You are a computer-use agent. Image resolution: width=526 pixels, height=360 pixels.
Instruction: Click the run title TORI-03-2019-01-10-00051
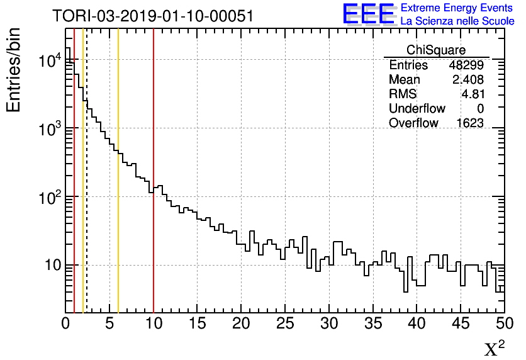[x=153, y=16]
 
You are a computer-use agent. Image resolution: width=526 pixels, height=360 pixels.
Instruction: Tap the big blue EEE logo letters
[x=368, y=14]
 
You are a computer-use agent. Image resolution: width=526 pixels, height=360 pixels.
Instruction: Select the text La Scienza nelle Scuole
[x=457, y=21]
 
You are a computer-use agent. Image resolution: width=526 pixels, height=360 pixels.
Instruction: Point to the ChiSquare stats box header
[x=436, y=50]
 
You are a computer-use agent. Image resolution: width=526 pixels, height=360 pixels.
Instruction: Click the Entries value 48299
[x=466, y=65]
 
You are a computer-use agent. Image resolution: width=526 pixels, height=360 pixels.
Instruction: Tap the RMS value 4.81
[x=473, y=94]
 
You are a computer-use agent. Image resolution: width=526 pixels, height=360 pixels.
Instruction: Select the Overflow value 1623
[x=470, y=123]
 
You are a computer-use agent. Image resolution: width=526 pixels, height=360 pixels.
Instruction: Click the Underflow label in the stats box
[x=417, y=108]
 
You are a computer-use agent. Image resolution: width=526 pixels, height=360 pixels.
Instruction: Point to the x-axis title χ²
[x=494, y=348]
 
